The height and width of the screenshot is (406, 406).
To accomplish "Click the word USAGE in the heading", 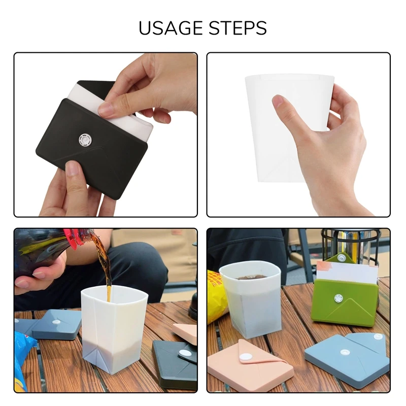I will click(170, 28).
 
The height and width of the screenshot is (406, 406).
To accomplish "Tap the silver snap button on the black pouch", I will click(84, 139).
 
